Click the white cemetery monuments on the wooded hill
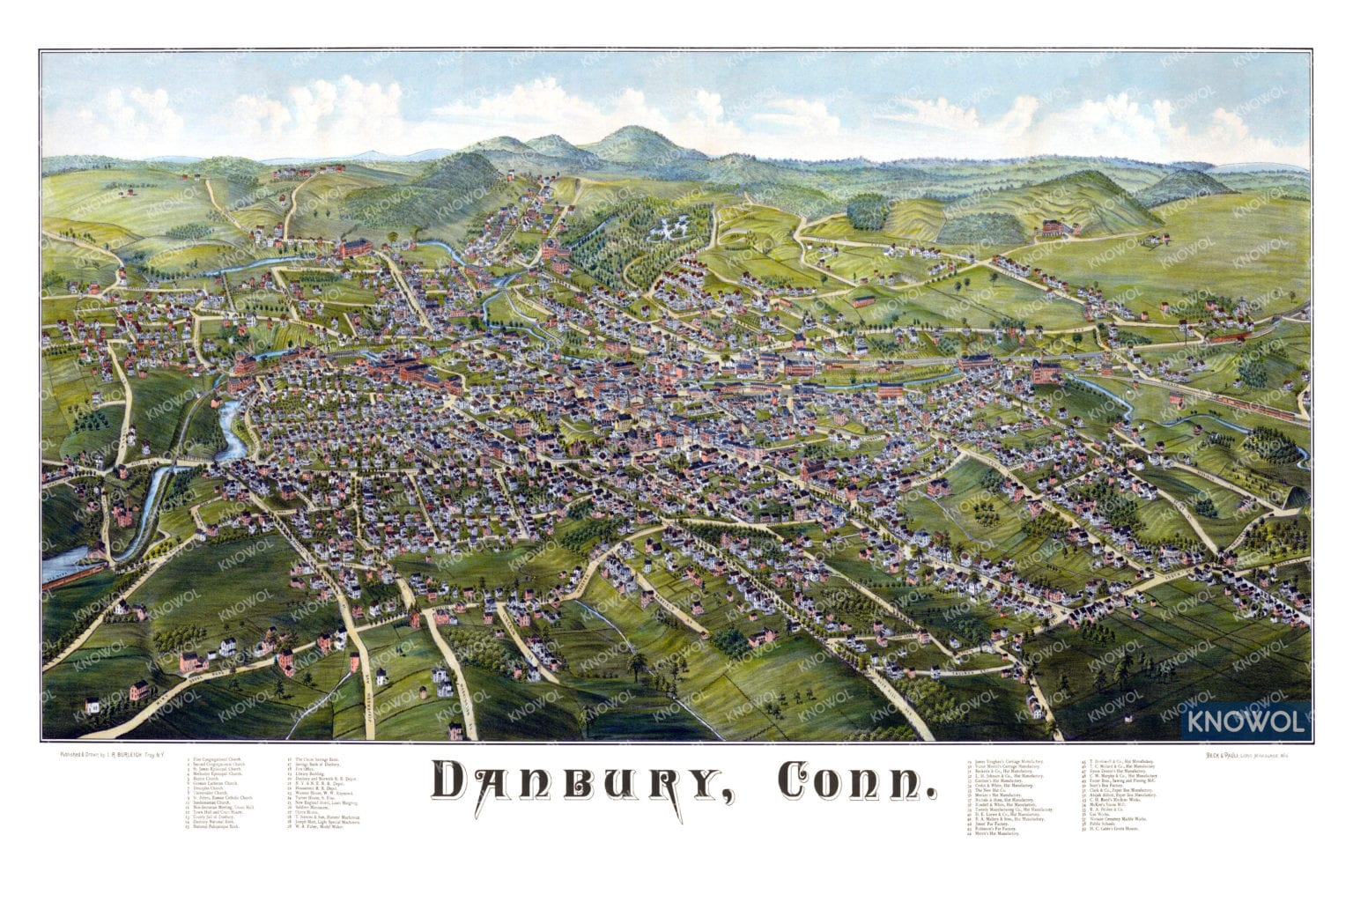coord(671,227)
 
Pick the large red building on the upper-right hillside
coord(1054,228)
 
